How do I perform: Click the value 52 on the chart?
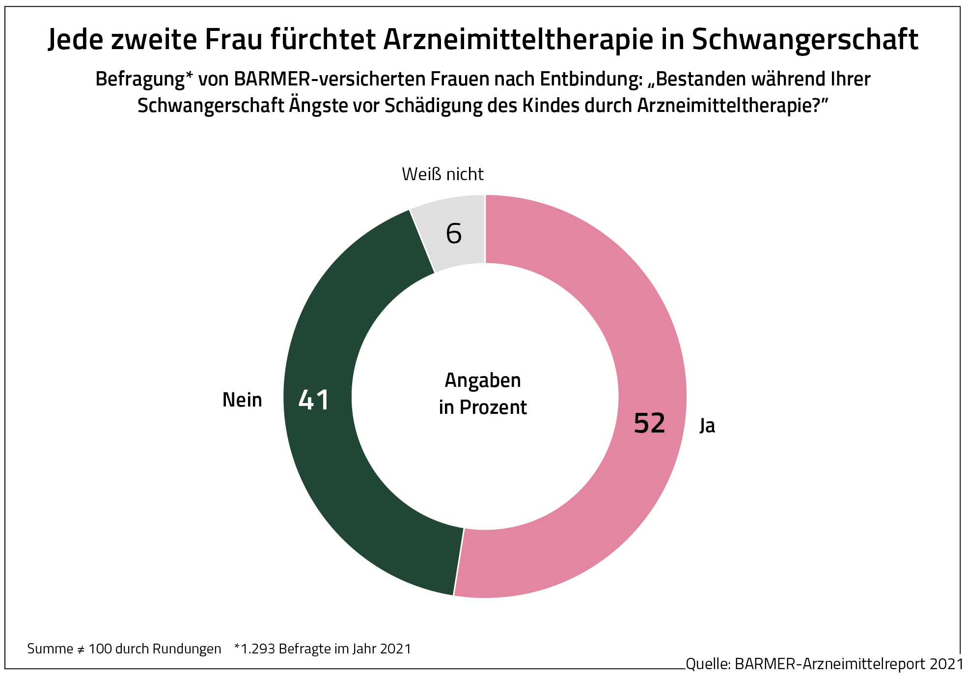click(649, 423)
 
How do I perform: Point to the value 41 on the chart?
click(314, 400)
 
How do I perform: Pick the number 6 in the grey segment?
click(454, 234)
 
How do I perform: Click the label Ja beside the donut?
click(707, 425)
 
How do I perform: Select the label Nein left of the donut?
click(242, 400)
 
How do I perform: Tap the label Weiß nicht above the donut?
click(442, 174)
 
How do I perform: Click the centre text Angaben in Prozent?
click(483, 394)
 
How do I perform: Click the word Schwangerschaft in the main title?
click(805, 39)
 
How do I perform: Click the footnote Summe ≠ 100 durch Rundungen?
click(124, 649)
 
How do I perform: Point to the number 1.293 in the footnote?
click(258, 649)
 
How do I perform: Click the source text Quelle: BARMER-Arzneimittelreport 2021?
click(825, 664)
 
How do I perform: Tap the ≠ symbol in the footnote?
click(81, 650)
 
